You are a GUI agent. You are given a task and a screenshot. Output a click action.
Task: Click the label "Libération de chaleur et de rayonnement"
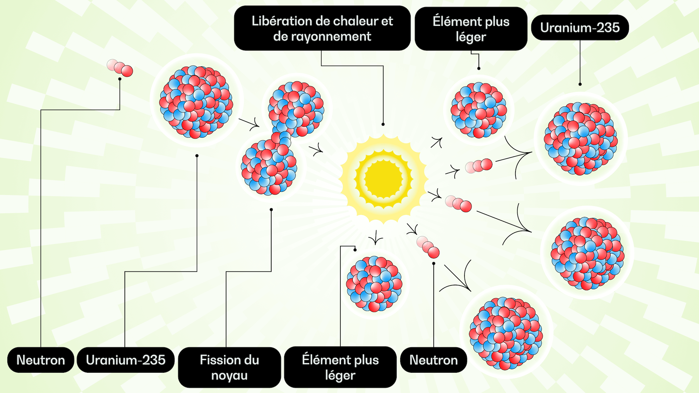pos(322,28)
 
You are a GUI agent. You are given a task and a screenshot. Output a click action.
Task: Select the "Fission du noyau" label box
pos(229,367)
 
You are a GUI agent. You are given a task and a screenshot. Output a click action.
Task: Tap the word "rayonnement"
pos(322,36)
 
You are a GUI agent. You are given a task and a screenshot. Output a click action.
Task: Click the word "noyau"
pos(229,375)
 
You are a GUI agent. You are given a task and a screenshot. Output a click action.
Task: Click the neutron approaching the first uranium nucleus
pos(120,67)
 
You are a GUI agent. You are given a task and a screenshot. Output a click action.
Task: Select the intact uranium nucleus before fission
pos(196,101)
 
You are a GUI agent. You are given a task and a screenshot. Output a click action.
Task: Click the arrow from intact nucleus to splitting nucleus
pos(250,123)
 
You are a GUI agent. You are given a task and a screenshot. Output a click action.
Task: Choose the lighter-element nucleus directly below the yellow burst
pos(374,284)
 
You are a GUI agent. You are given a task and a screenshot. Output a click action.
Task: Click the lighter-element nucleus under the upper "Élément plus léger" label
pos(478,110)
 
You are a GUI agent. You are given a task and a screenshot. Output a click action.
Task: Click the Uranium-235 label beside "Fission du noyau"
pos(125,360)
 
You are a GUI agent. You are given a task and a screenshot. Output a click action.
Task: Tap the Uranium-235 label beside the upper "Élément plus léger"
pos(580,27)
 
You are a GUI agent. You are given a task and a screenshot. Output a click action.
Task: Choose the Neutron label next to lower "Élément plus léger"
pos(433,360)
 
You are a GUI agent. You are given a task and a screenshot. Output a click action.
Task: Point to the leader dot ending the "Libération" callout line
pos(383,124)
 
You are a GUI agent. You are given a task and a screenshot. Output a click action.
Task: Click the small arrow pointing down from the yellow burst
pos(376,238)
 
